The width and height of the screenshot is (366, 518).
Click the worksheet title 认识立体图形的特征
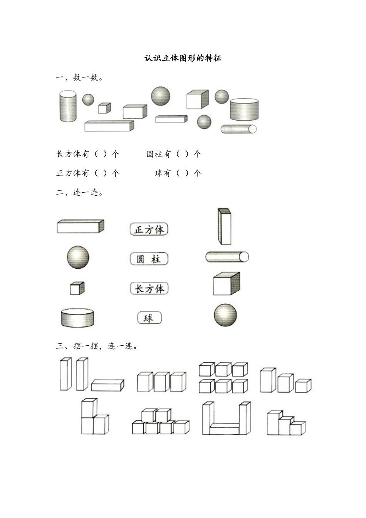tap(183, 58)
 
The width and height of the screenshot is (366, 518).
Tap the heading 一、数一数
tap(79, 77)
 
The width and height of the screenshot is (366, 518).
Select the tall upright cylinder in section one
tap(68, 106)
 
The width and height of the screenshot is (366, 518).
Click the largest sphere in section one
tap(160, 96)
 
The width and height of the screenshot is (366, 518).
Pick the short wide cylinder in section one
tap(244, 109)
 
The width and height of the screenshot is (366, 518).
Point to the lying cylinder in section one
tap(238, 129)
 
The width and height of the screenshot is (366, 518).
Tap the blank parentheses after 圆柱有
tap(182, 154)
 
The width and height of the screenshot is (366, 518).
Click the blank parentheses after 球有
tap(182, 173)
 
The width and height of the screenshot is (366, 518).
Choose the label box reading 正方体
tap(149, 229)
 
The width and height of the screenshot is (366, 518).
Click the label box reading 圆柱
tap(149, 259)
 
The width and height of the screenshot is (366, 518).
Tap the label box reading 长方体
tap(149, 288)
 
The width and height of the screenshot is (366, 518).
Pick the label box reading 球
tap(149, 318)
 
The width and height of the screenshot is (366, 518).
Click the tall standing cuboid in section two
tap(225, 227)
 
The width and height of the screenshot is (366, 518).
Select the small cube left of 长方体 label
tap(77, 288)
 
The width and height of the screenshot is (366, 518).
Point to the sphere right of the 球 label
tap(225, 315)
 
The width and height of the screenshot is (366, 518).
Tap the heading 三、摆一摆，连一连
tap(97, 346)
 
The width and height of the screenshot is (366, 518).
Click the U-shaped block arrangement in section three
tap(227, 418)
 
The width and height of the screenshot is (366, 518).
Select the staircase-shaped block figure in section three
tap(286, 423)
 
